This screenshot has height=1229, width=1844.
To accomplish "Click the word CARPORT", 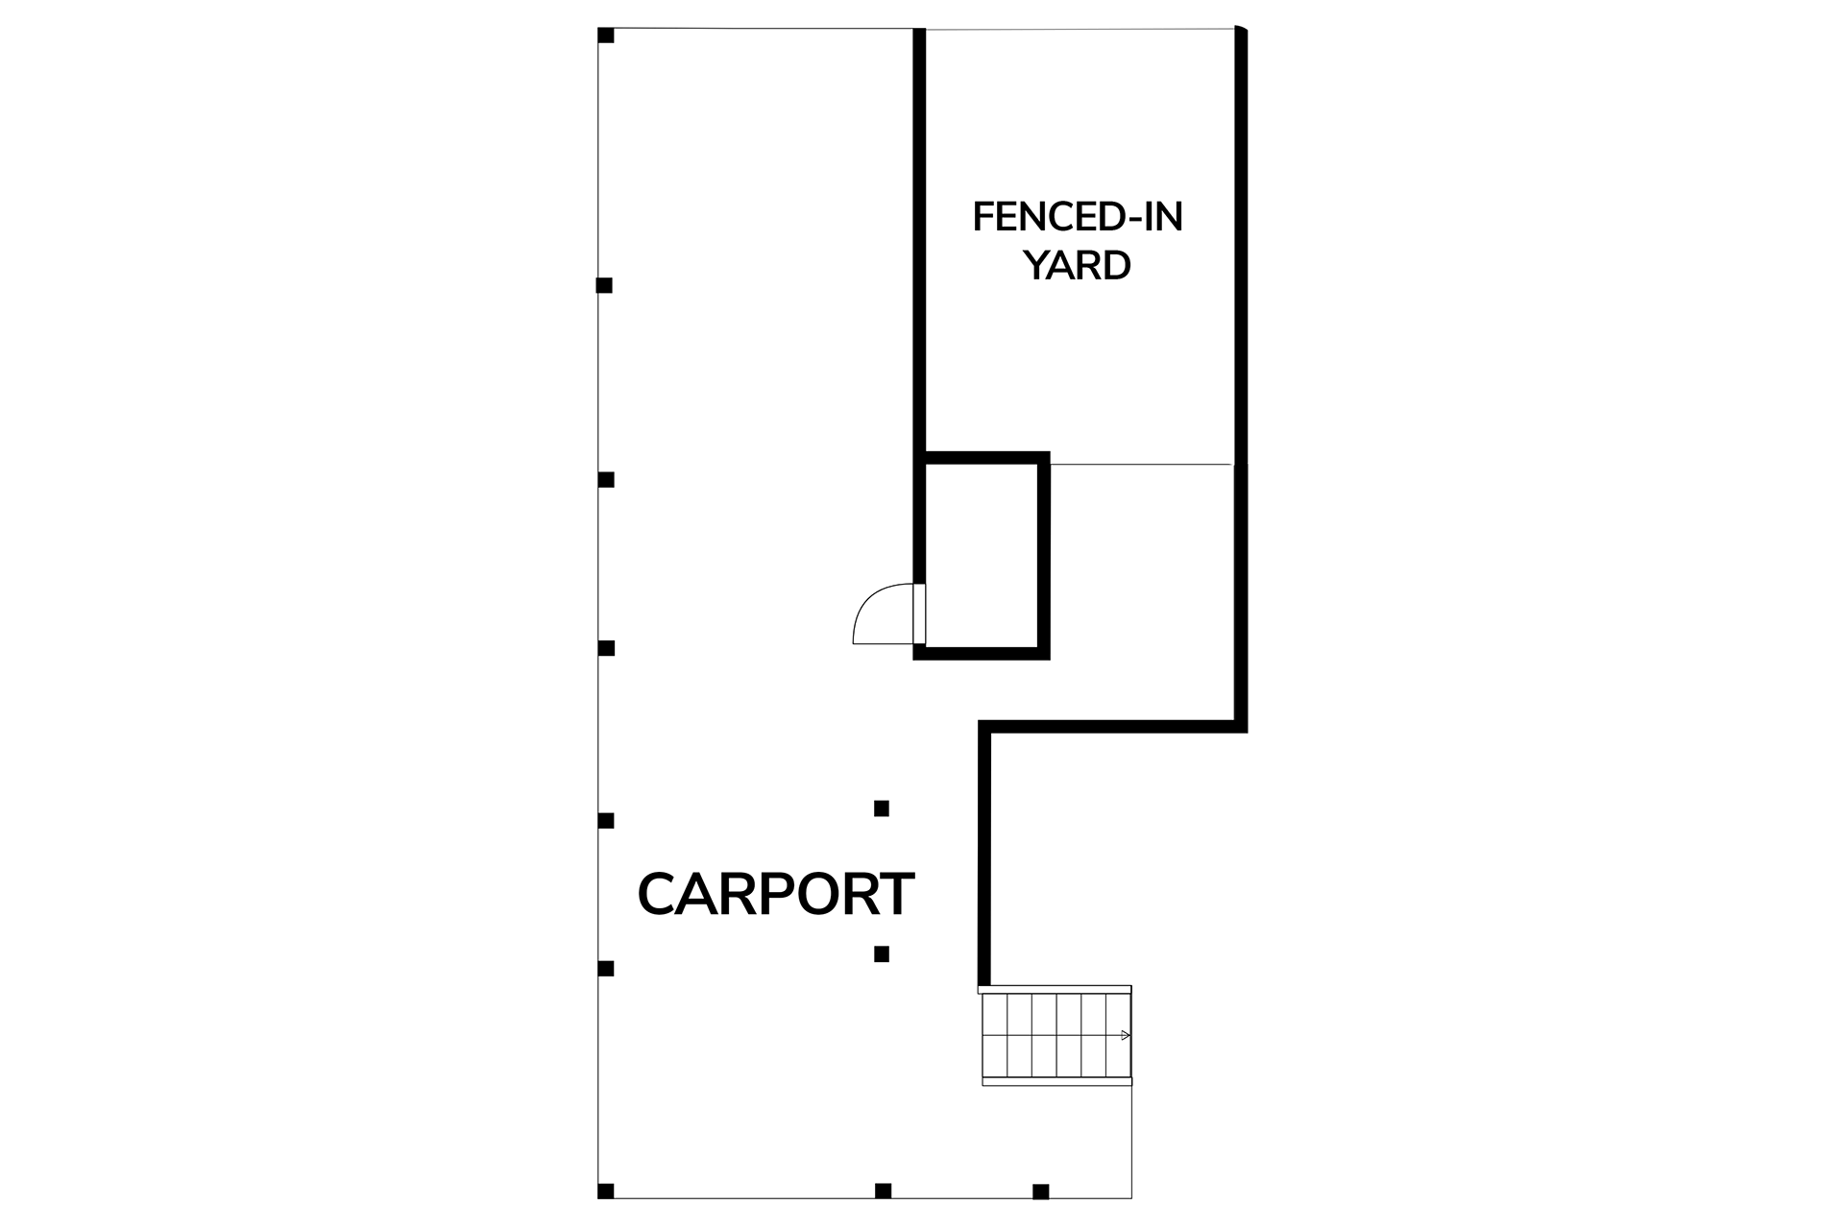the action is point(776,894).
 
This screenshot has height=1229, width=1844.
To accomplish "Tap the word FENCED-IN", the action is point(1078,217).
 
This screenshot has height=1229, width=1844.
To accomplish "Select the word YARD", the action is point(1078,265).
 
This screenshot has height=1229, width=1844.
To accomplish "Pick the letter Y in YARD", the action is point(1038,265).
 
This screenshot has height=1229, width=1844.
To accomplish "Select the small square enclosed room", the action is point(982,555).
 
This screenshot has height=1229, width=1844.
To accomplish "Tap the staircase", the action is point(1056,1036).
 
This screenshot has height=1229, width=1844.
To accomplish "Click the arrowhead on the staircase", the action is point(1126,1035).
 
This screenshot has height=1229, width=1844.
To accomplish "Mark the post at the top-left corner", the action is point(606,36).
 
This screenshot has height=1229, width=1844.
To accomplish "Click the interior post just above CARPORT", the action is point(882,808).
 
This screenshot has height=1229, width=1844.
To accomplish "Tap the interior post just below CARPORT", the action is point(882,954).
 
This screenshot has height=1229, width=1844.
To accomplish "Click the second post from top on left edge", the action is point(605,285).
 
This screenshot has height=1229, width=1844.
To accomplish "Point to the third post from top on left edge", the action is point(606,479).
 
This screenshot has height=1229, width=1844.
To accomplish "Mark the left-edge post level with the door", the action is point(606,648).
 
